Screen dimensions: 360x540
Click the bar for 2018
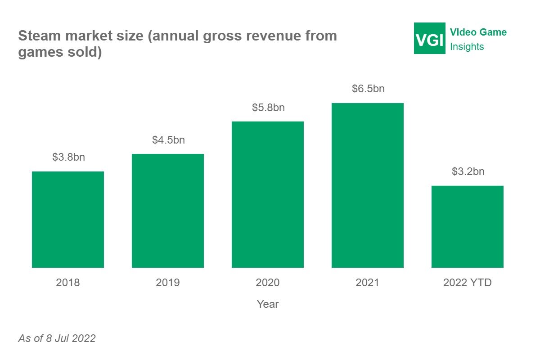click(x=68, y=220)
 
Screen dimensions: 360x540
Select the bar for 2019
click(x=168, y=211)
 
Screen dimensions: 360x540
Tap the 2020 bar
click(x=268, y=194)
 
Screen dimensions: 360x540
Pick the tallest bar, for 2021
click(x=368, y=185)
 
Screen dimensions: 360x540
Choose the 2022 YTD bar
click(x=468, y=227)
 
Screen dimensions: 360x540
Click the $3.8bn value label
click(x=68, y=157)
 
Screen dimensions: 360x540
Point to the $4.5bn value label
click(x=168, y=140)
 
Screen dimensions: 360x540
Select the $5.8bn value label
click(x=268, y=108)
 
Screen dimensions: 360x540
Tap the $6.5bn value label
click(x=368, y=89)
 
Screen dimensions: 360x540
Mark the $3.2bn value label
click(x=468, y=172)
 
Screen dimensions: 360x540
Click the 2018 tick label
click(x=68, y=283)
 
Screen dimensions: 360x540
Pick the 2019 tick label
click(x=168, y=283)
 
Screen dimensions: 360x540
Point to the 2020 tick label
click(x=268, y=283)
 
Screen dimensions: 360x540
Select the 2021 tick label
click(x=368, y=283)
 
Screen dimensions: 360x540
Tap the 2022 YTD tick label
click(x=468, y=283)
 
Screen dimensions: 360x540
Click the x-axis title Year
click(x=268, y=305)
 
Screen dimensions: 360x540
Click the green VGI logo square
click(x=430, y=38)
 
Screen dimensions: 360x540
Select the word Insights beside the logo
click(x=467, y=47)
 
